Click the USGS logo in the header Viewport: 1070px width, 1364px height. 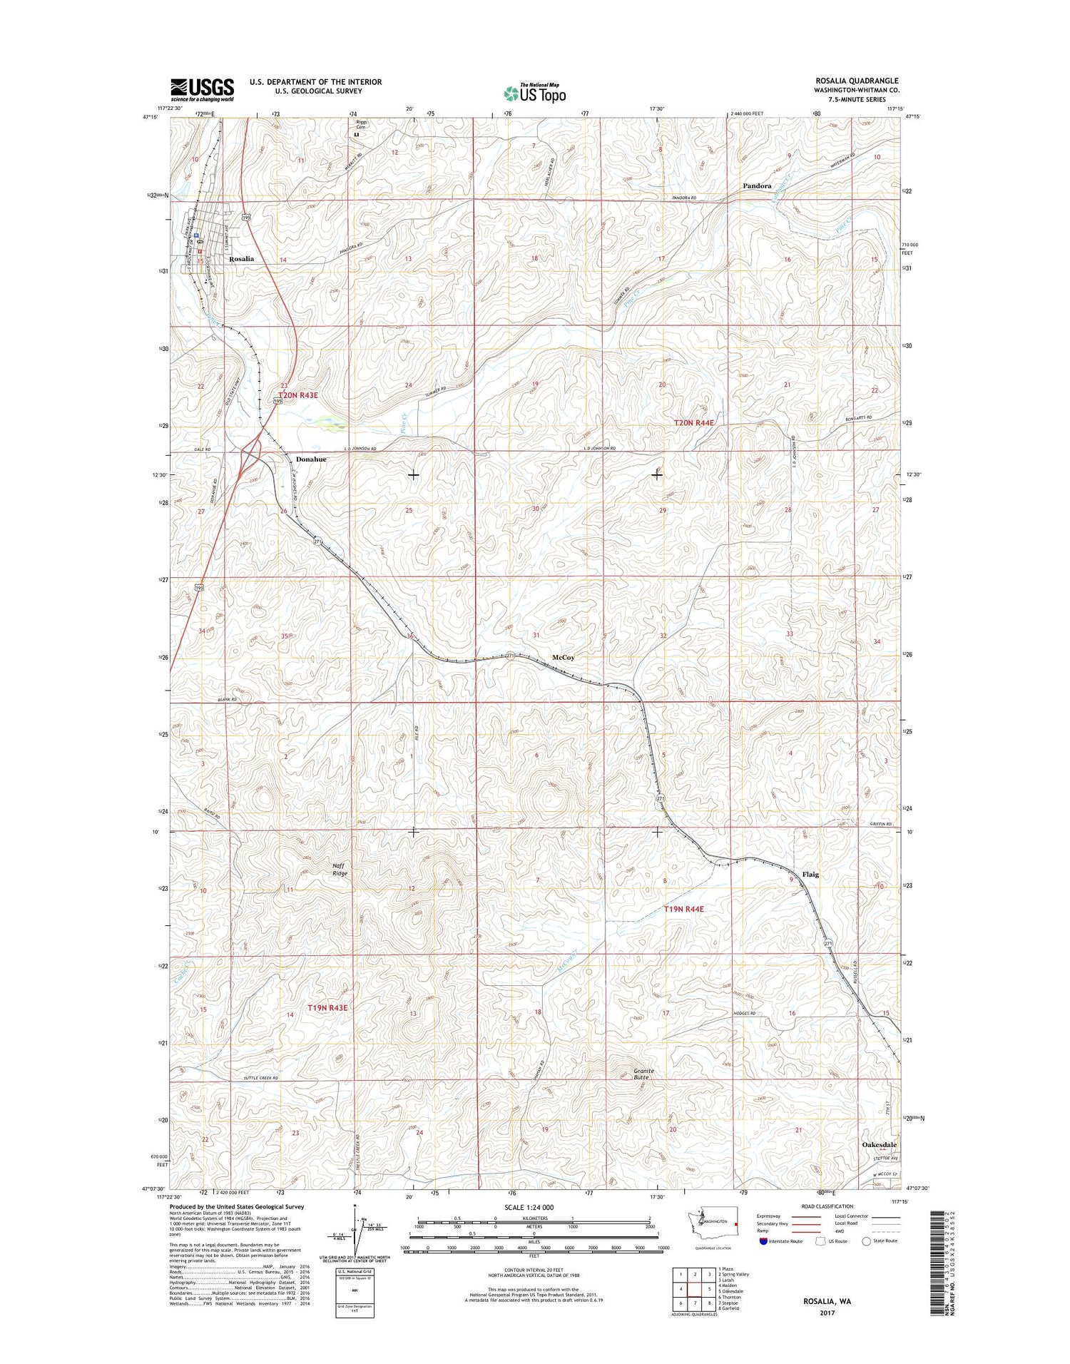pyautogui.click(x=202, y=89)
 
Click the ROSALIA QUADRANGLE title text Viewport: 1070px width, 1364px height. pyautogui.click(x=857, y=81)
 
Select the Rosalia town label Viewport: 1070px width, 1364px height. pyautogui.click(x=241, y=259)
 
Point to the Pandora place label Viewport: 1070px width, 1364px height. pyautogui.click(x=757, y=185)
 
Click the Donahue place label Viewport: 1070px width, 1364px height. pyautogui.click(x=311, y=459)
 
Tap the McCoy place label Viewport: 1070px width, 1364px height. pyautogui.click(x=563, y=658)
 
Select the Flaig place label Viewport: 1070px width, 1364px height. pyautogui.click(x=810, y=874)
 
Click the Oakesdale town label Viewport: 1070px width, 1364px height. pyautogui.click(x=879, y=1164)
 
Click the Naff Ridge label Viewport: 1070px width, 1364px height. pyautogui.click(x=340, y=870)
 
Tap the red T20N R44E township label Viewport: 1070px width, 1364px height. pyautogui.click(x=694, y=423)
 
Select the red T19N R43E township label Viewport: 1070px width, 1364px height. pyautogui.click(x=327, y=1008)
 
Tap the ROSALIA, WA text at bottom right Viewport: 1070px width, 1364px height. pyautogui.click(x=827, y=1301)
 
